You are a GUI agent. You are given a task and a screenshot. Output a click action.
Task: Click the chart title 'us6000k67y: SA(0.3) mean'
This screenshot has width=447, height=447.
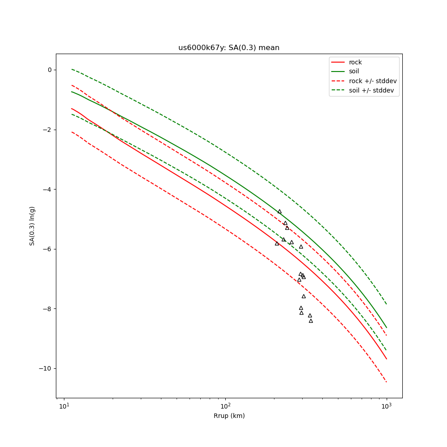[x=229, y=48]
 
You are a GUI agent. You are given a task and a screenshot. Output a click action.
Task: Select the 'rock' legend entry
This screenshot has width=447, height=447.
[x=355, y=62]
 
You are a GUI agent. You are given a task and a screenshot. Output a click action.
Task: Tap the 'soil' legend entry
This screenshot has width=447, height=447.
[x=354, y=71]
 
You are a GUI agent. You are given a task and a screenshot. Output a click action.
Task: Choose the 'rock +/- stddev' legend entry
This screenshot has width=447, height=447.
[x=373, y=81]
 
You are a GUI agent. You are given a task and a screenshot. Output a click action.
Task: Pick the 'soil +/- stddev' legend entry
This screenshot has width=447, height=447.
[x=373, y=90]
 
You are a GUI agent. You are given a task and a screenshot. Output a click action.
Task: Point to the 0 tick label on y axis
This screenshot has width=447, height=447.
[x=49, y=70]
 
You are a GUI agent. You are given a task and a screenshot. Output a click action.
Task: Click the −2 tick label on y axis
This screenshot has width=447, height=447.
[x=47, y=130]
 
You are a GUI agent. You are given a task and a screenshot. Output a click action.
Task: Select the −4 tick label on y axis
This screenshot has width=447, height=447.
[x=47, y=190]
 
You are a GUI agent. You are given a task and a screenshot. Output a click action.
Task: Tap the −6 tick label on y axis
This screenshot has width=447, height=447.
[x=47, y=249]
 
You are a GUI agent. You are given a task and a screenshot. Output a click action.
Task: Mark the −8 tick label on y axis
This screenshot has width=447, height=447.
[x=47, y=309]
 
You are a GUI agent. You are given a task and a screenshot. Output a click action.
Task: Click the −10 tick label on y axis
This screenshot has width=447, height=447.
[x=46, y=368]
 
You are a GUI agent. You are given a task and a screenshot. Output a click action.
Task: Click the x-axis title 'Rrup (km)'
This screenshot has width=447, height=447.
[x=229, y=416]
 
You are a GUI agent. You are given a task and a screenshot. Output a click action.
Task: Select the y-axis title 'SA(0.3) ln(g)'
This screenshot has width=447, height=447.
[x=32, y=226]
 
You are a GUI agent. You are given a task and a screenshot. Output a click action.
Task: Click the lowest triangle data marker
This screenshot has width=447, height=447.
[x=311, y=321]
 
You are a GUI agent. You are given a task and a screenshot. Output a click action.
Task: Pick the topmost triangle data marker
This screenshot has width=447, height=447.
[x=279, y=211]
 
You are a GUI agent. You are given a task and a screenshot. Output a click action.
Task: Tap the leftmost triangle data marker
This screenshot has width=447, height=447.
[x=277, y=244]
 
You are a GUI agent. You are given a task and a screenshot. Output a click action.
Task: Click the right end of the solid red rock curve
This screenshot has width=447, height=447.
[x=386, y=358]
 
